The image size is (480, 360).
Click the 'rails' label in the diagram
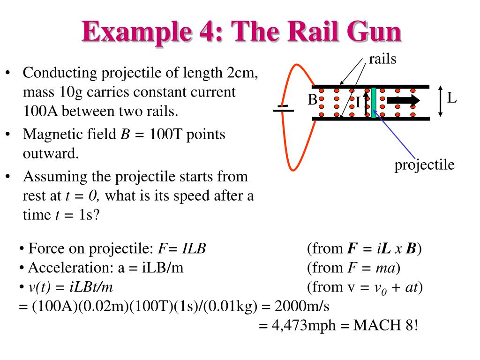point(382,60)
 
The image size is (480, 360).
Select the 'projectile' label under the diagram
point(424,165)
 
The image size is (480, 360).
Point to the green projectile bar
point(374,102)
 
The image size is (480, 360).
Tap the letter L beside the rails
point(451,98)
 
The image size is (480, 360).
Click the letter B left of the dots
point(313,100)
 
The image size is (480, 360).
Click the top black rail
point(370,87)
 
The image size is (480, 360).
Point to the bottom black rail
point(370,118)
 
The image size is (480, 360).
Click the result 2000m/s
point(302,307)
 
